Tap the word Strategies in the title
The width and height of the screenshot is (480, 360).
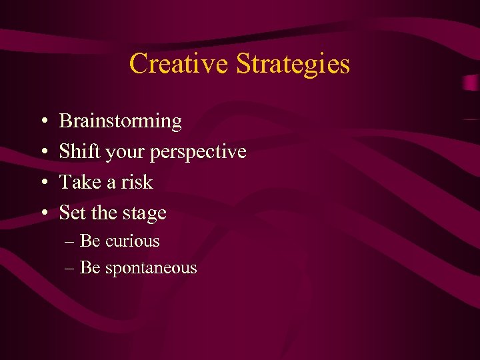(x=292, y=64)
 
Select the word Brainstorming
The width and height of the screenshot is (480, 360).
(x=120, y=121)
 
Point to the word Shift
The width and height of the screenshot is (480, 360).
(x=76, y=151)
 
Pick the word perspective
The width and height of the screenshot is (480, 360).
(x=198, y=153)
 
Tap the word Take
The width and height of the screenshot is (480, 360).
(x=77, y=182)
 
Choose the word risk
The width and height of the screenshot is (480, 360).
(x=136, y=182)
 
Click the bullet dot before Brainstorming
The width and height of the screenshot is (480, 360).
(x=42, y=122)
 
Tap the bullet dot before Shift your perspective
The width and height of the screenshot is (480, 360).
(x=42, y=153)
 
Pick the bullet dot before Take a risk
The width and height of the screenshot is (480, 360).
(x=42, y=183)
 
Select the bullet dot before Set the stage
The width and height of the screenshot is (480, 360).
(x=42, y=213)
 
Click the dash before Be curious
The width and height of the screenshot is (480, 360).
(x=70, y=241)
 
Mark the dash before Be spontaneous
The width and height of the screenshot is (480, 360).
(x=70, y=269)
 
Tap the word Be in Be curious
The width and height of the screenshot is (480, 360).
(x=89, y=241)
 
